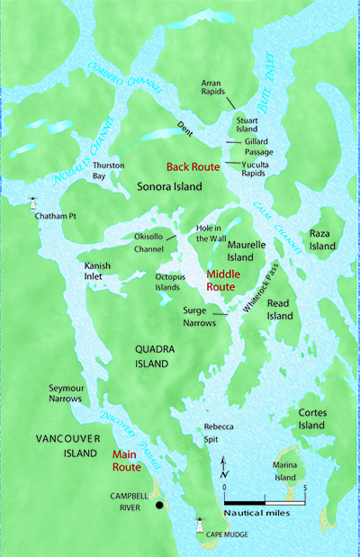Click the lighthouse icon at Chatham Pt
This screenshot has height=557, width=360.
tap(35, 204)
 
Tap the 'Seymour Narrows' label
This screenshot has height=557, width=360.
tap(67, 392)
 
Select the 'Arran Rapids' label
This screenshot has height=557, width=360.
tap(217, 88)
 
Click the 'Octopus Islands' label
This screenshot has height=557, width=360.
tap(170, 282)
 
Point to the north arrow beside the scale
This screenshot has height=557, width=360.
tap(223, 465)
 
